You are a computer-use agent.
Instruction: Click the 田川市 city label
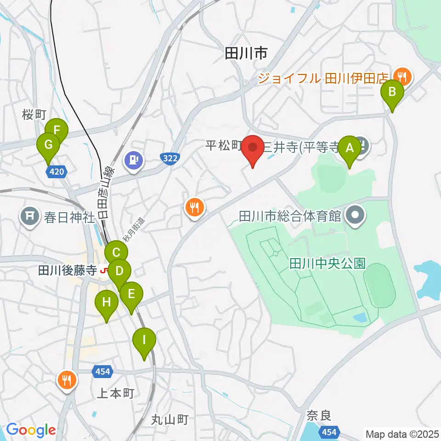pos(246,54)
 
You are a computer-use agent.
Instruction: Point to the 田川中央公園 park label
pos(327,263)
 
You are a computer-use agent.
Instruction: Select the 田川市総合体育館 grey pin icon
pos(356,215)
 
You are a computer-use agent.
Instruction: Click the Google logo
pos(31,430)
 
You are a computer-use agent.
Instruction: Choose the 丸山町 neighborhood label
pos(170,419)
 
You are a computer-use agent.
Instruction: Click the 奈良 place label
pos(319,417)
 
